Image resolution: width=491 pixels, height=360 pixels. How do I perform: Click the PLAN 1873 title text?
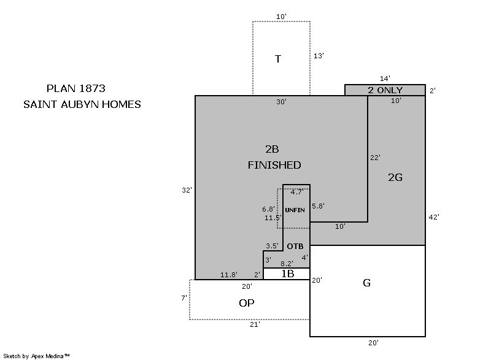click(x=75, y=88)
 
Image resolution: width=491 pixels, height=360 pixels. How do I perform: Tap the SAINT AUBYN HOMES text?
click(x=82, y=104)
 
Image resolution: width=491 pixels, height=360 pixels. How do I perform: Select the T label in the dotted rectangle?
click(x=278, y=59)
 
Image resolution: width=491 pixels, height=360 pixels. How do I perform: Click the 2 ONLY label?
click(x=385, y=90)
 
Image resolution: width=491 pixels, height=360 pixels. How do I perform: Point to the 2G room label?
click(x=395, y=177)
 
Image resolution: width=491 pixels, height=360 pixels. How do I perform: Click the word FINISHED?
click(x=274, y=165)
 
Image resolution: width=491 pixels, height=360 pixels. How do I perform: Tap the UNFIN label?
click(x=295, y=210)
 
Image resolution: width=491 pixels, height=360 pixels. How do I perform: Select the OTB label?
click(x=295, y=247)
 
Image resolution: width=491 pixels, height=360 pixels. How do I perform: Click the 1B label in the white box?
click(x=287, y=274)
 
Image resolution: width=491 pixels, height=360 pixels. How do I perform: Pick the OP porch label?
click(x=247, y=303)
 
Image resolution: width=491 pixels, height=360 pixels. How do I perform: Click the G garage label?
click(x=366, y=283)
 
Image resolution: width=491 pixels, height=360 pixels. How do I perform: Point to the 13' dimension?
click(x=319, y=56)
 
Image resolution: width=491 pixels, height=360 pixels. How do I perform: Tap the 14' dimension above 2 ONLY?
click(x=385, y=79)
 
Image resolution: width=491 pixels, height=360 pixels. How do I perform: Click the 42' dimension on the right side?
click(x=434, y=217)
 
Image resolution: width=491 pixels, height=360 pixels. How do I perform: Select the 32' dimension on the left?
click(x=187, y=190)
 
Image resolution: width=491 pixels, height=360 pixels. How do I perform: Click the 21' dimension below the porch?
click(x=255, y=324)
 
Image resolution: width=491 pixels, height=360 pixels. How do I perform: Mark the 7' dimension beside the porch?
click(x=184, y=298)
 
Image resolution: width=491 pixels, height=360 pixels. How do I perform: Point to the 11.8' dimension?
click(x=229, y=275)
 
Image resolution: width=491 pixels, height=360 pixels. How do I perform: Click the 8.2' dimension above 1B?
click(x=287, y=264)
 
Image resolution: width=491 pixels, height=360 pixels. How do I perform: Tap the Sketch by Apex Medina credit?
click(x=36, y=356)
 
